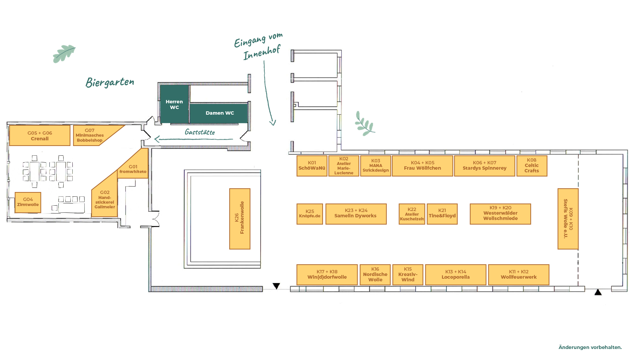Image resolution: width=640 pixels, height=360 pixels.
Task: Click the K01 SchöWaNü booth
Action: point(312,166)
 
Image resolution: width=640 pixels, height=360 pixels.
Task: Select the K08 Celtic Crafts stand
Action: point(532,166)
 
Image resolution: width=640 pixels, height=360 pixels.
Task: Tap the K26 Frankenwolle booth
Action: point(240,219)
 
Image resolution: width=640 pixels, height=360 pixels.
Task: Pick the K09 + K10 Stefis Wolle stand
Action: point(568,219)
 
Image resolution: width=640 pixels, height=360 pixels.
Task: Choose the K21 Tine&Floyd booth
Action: point(442,214)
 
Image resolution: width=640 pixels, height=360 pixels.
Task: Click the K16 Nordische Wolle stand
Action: point(375,275)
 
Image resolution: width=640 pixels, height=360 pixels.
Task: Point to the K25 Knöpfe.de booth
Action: point(310,214)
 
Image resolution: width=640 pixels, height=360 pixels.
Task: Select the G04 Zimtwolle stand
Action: point(28,202)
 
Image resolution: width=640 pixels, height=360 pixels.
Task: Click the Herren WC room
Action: point(174,104)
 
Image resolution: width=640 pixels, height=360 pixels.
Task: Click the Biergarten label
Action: point(110,82)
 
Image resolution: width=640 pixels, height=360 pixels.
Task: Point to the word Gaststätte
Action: point(200,132)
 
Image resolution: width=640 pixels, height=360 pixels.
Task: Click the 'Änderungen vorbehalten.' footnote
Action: point(590,347)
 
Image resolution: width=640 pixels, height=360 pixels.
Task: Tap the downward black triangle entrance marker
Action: point(276,286)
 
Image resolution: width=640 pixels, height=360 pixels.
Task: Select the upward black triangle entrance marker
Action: point(598,292)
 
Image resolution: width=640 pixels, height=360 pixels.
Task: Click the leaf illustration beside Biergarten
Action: point(64,54)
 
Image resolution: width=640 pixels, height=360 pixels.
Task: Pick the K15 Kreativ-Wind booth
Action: point(408,275)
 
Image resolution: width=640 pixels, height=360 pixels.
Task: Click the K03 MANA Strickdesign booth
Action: point(376,166)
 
